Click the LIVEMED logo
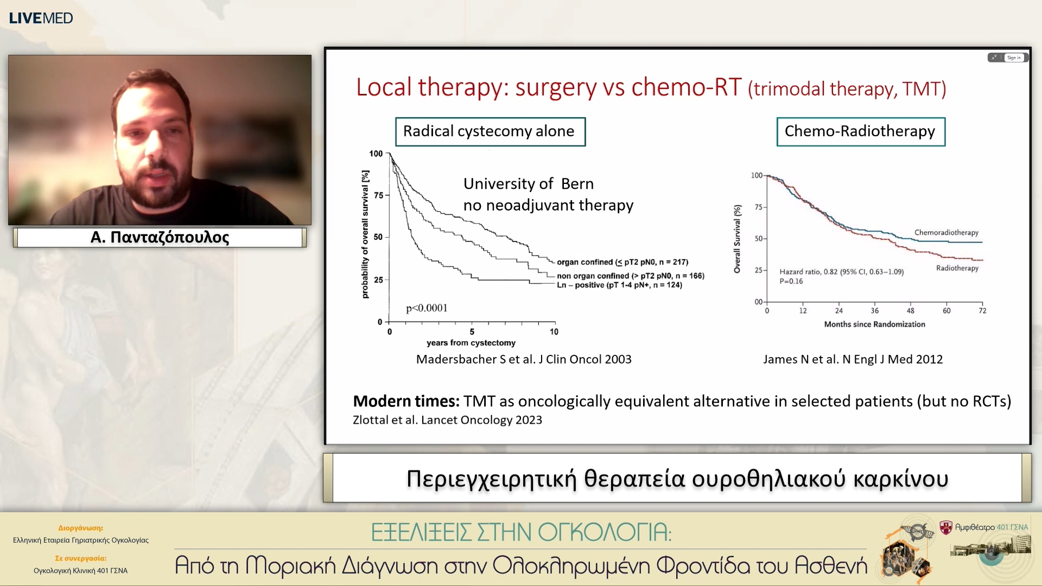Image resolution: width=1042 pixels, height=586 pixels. point(41,18)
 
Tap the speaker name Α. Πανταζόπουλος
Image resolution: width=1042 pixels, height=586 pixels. point(160,237)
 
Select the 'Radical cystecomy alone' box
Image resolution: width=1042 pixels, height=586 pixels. point(490,131)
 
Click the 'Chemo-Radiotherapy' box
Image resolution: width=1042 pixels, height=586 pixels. point(861,131)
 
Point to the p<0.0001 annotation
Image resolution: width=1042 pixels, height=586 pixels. point(427,308)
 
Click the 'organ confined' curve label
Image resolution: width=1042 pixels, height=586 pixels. point(622,262)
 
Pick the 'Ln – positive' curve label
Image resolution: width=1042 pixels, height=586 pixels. point(619,285)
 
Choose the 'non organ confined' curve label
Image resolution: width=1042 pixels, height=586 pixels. point(631,276)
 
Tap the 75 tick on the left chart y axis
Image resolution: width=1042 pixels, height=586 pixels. point(378,195)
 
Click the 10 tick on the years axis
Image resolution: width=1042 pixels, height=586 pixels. point(554,332)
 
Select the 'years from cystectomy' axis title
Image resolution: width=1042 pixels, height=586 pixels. point(471,343)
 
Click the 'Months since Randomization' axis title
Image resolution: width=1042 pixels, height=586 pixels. point(874,324)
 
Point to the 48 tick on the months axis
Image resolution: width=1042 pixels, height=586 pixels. point(910,310)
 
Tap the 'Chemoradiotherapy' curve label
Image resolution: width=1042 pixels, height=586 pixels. point(946,232)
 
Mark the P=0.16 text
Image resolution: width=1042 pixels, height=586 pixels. point(791,281)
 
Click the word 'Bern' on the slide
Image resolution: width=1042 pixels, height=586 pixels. point(577,184)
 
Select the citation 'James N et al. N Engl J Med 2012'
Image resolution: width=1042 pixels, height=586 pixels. point(853,359)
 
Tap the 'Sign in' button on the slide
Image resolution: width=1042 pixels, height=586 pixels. point(1014,58)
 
